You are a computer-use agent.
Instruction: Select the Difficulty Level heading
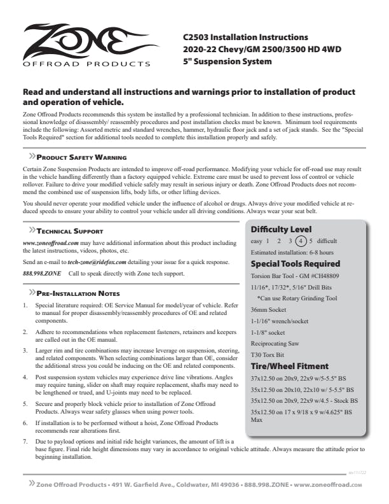pos(280,229)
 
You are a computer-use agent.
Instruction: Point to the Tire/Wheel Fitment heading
pos(289,366)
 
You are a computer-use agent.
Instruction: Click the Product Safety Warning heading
pos(81,157)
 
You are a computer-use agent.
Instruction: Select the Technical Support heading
pos(70,231)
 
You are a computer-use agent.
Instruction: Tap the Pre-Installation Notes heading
pos(78,293)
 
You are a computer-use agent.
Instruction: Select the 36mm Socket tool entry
pos(270,309)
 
